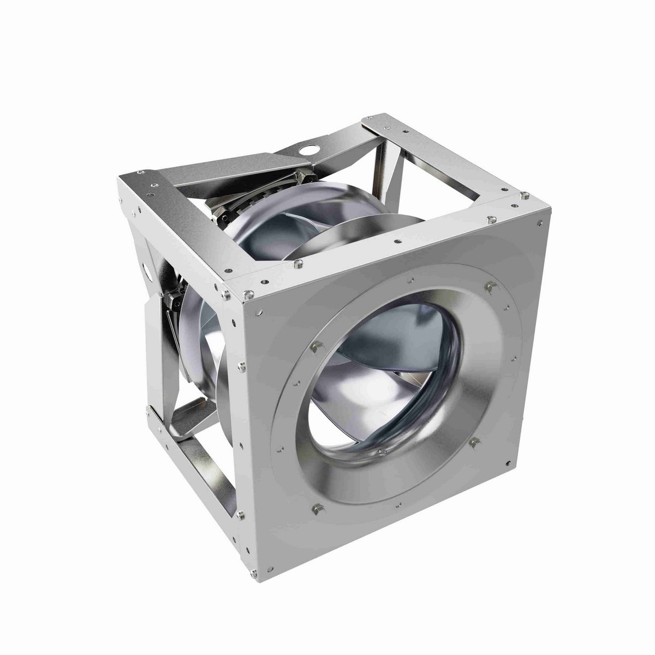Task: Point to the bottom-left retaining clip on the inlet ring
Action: [x=315, y=509]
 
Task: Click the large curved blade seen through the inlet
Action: [x=382, y=349]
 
